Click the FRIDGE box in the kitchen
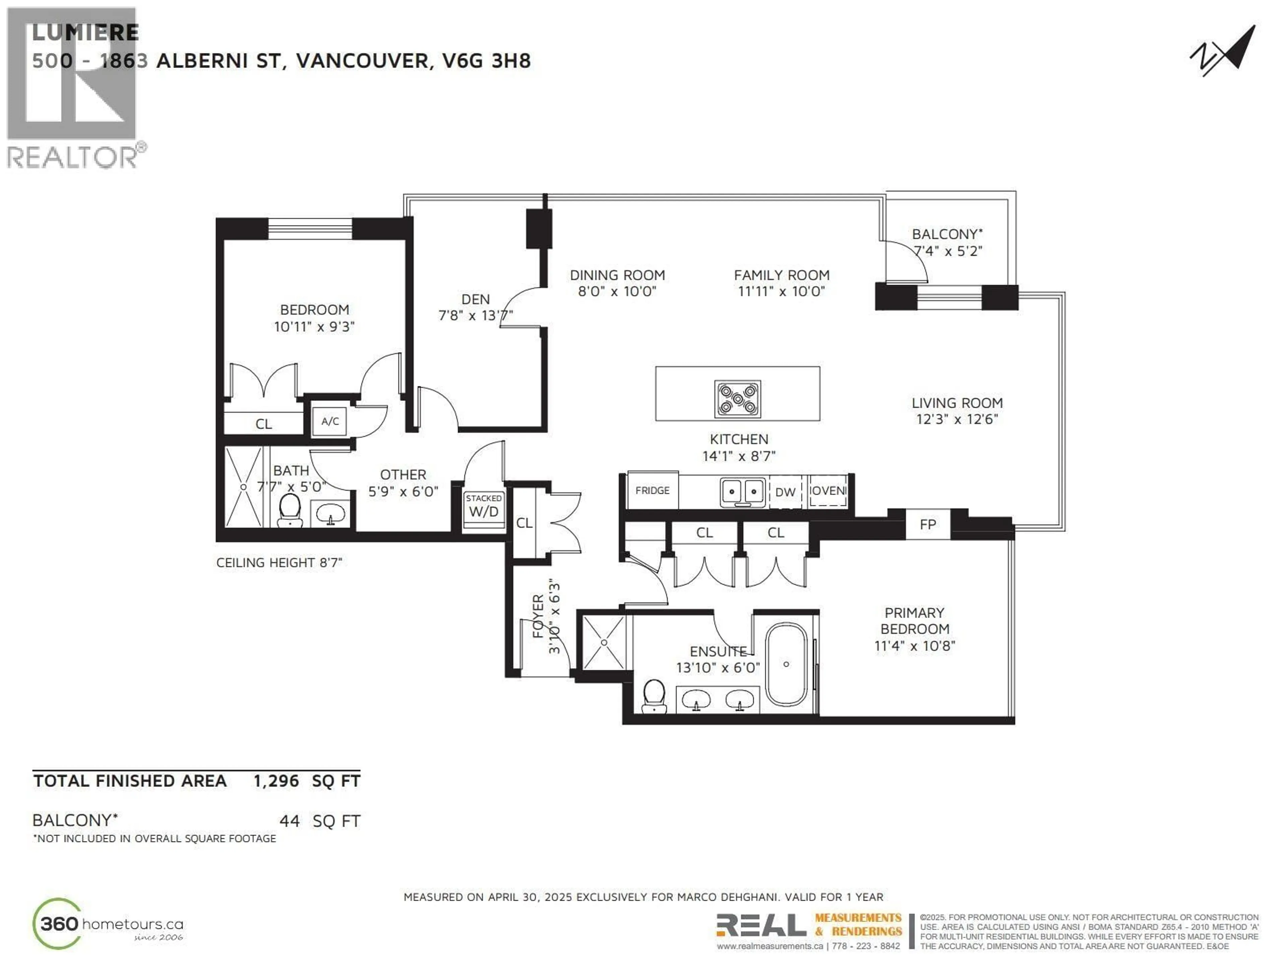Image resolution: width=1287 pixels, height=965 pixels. [652, 490]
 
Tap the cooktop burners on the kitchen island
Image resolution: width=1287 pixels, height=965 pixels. [737, 399]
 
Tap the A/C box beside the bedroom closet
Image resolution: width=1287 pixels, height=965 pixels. [330, 421]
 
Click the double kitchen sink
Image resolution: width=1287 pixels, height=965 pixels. [742, 492]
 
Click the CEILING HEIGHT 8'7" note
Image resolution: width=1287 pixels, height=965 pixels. [279, 563]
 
